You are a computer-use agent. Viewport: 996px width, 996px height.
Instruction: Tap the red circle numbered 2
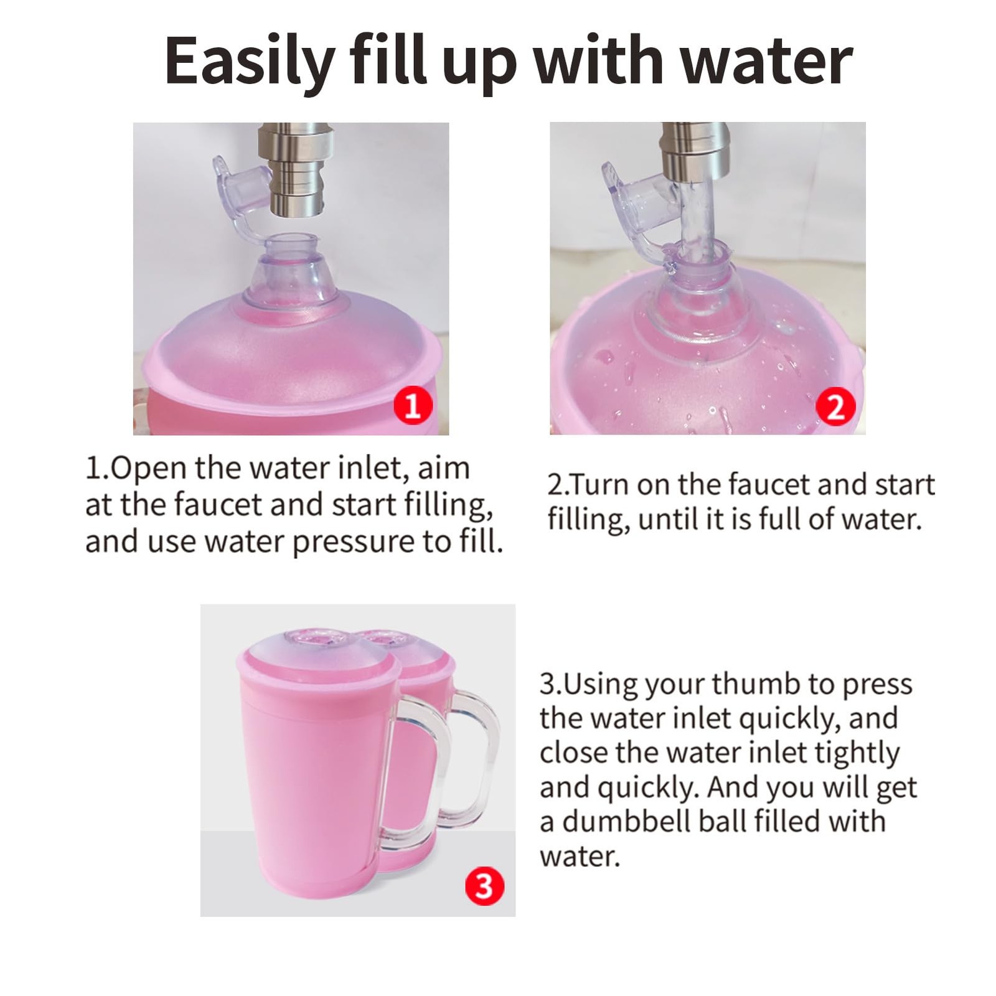coord(835,406)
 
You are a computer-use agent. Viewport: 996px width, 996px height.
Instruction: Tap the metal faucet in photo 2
coord(694,149)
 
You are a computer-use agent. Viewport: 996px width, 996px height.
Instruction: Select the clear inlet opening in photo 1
coord(291,244)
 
